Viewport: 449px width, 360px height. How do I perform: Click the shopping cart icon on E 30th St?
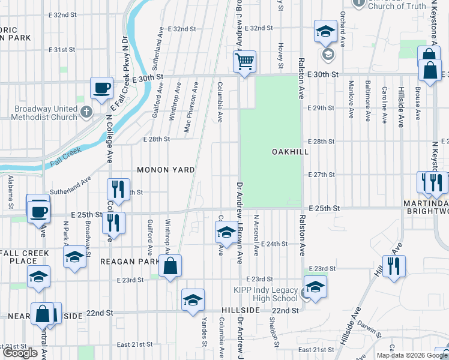[x=244, y=61]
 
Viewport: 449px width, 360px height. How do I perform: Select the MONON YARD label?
[x=166, y=170]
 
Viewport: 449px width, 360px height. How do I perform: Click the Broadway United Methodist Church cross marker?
[x=86, y=112]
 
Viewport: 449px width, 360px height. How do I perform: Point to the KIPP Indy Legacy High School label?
[x=265, y=294]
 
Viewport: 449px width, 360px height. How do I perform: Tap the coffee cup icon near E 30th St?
[x=101, y=88]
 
